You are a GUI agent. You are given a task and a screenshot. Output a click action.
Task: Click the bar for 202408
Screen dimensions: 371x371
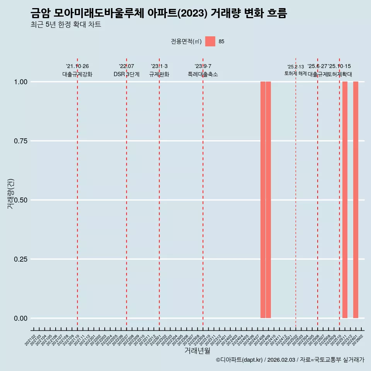pyautogui.click(x=263, y=200)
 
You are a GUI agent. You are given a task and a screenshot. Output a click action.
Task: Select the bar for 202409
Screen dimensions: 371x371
pyautogui.click(x=268, y=200)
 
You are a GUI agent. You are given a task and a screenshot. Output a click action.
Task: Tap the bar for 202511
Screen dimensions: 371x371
pyautogui.click(x=345, y=200)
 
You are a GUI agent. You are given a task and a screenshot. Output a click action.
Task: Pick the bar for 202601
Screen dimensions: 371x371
pyautogui.click(x=356, y=200)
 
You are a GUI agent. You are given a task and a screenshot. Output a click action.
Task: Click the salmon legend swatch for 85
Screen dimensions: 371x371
pyautogui.click(x=210, y=41)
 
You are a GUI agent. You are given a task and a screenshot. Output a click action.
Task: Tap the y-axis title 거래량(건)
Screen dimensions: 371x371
pyautogui.click(x=11, y=194)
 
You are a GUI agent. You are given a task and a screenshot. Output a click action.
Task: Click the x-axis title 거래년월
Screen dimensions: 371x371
pyautogui.click(x=197, y=351)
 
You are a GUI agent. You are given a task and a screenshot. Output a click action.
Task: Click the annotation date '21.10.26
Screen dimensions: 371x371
pyautogui.click(x=77, y=66)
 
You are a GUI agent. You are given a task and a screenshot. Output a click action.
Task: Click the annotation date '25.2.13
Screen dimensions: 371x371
pyautogui.click(x=296, y=67)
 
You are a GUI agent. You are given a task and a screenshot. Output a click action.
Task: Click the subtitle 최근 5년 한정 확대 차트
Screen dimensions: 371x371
pyautogui.click(x=66, y=25)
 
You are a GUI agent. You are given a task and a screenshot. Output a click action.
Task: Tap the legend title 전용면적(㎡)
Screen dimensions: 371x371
pyautogui.click(x=186, y=42)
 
